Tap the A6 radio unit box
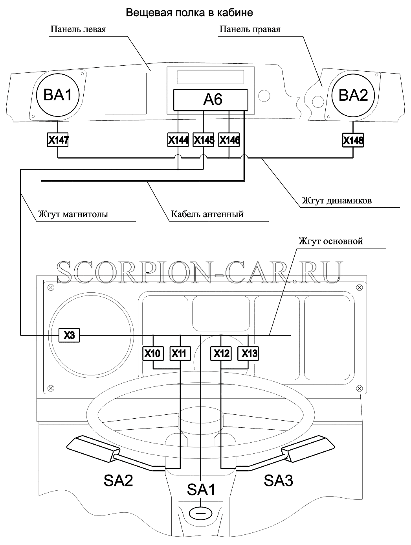211,100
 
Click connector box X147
58,140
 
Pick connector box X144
178,140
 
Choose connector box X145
203,140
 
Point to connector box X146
229,140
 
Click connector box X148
353,140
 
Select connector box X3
69,335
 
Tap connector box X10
153,353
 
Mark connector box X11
180,353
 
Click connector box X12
221,353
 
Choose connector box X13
248,353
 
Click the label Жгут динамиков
337,200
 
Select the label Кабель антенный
207,214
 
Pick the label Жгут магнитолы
73,214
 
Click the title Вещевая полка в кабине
189,13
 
